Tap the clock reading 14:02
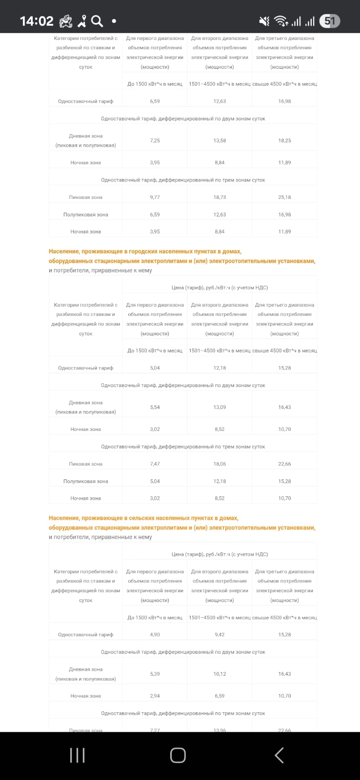pos(37,21)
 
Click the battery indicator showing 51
pos(330,21)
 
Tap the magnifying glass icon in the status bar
pos(97,21)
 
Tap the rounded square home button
pos(178,755)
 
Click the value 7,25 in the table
pos(155,140)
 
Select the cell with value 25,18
pos(284,197)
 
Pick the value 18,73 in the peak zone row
pos(220,197)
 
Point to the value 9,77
pos(155,197)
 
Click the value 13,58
pos(220,140)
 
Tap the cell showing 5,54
pos(155,407)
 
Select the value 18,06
pos(220,464)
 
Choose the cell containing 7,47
pos(155,464)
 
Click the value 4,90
pos(155,635)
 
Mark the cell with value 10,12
pos(220,674)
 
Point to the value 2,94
pos(155,696)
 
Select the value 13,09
pos(220,407)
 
